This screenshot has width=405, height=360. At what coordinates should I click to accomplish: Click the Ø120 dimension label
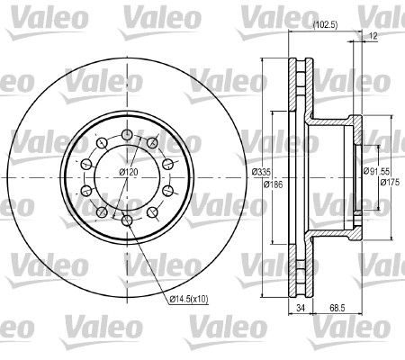[x=129, y=172]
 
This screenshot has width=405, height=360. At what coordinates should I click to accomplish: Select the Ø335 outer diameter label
[x=261, y=172]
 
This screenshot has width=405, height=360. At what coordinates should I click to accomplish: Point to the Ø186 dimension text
[x=273, y=184]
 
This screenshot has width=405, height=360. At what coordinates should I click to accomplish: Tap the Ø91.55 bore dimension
[x=376, y=171]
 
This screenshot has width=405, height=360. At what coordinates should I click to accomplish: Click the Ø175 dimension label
[x=390, y=182]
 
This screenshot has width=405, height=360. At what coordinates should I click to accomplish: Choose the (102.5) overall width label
[x=325, y=25]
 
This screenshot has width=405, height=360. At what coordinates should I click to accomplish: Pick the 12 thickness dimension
[x=373, y=36]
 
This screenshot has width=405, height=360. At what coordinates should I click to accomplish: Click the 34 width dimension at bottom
[x=301, y=308]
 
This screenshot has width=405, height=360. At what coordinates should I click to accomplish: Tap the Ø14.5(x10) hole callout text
[x=188, y=299]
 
